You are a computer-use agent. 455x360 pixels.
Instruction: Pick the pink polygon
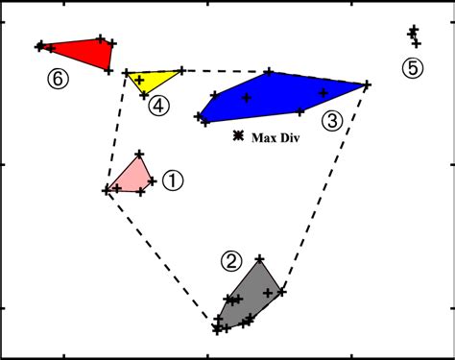132,177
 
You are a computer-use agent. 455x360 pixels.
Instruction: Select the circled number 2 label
231,259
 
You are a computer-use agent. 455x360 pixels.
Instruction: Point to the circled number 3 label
330,120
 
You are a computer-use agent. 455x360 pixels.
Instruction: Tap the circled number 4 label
159,105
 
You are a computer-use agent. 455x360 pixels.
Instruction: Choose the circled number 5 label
412,68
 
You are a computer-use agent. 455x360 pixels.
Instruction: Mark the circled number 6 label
58,80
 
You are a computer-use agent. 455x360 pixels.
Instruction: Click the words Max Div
272,137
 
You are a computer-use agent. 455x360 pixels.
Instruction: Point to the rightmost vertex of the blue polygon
367,84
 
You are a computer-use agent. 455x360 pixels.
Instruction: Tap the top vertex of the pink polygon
140,154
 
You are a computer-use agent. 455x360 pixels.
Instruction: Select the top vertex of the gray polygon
259,258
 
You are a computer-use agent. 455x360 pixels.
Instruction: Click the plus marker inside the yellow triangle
139,80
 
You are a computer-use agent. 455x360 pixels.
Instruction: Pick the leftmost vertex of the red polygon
39,45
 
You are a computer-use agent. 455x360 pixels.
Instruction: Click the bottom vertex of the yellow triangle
144,94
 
